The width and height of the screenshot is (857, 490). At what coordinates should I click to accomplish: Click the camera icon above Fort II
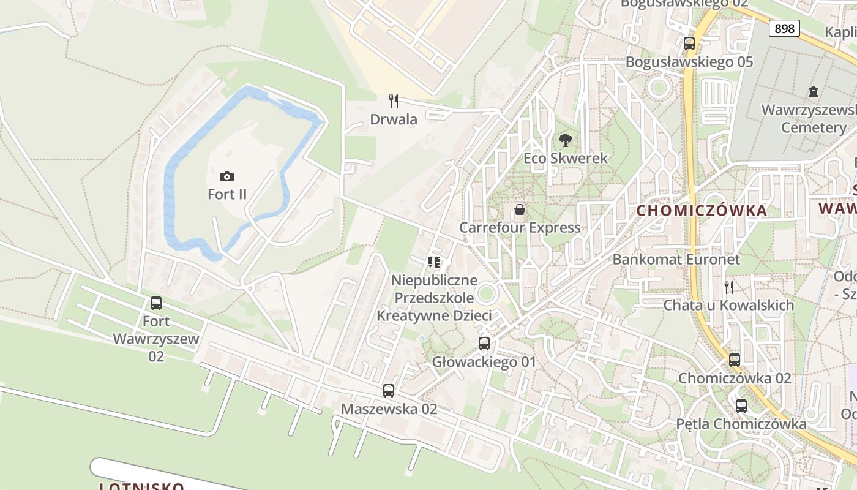click(x=227, y=177)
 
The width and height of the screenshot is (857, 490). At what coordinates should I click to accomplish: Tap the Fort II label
click(x=227, y=194)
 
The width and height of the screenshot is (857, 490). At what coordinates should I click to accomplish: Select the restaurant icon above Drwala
click(x=394, y=101)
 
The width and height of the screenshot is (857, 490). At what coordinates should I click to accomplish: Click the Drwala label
click(x=394, y=119)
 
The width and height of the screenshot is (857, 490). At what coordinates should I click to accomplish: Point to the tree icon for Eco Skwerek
click(x=566, y=140)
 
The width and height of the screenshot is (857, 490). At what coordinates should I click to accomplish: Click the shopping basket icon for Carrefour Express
click(x=520, y=210)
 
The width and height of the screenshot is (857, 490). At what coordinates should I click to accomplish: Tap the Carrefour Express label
click(x=520, y=228)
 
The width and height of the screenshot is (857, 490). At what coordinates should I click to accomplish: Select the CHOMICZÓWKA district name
click(x=702, y=211)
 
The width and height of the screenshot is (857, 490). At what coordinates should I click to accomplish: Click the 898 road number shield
click(x=784, y=28)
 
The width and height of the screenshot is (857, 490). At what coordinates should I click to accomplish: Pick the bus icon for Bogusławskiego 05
click(x=689, y=43)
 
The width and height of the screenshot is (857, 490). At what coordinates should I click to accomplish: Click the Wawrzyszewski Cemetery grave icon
click(x=813, y=92)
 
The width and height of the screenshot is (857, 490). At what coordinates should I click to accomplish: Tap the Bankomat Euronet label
click(x=676, y=259)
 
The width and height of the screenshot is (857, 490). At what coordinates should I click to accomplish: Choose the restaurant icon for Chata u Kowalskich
click(x=728, y=287)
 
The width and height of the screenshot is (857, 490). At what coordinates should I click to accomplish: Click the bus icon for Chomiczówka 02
click(x=735, y=360)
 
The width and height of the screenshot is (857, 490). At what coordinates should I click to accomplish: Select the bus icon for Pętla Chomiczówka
click(x=741, y=405)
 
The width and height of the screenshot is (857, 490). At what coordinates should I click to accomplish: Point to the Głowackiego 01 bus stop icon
click(x=484, y=344)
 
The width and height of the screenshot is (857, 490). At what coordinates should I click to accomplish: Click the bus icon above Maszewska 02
click(x=389, y=391)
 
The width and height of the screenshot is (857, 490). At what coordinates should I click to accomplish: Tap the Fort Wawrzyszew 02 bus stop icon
click(x=156, y=303)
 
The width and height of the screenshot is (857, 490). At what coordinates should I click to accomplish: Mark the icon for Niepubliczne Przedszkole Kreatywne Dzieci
click(x=434, y=263)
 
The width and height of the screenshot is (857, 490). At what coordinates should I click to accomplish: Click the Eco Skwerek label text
click(x=566, y=158)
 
